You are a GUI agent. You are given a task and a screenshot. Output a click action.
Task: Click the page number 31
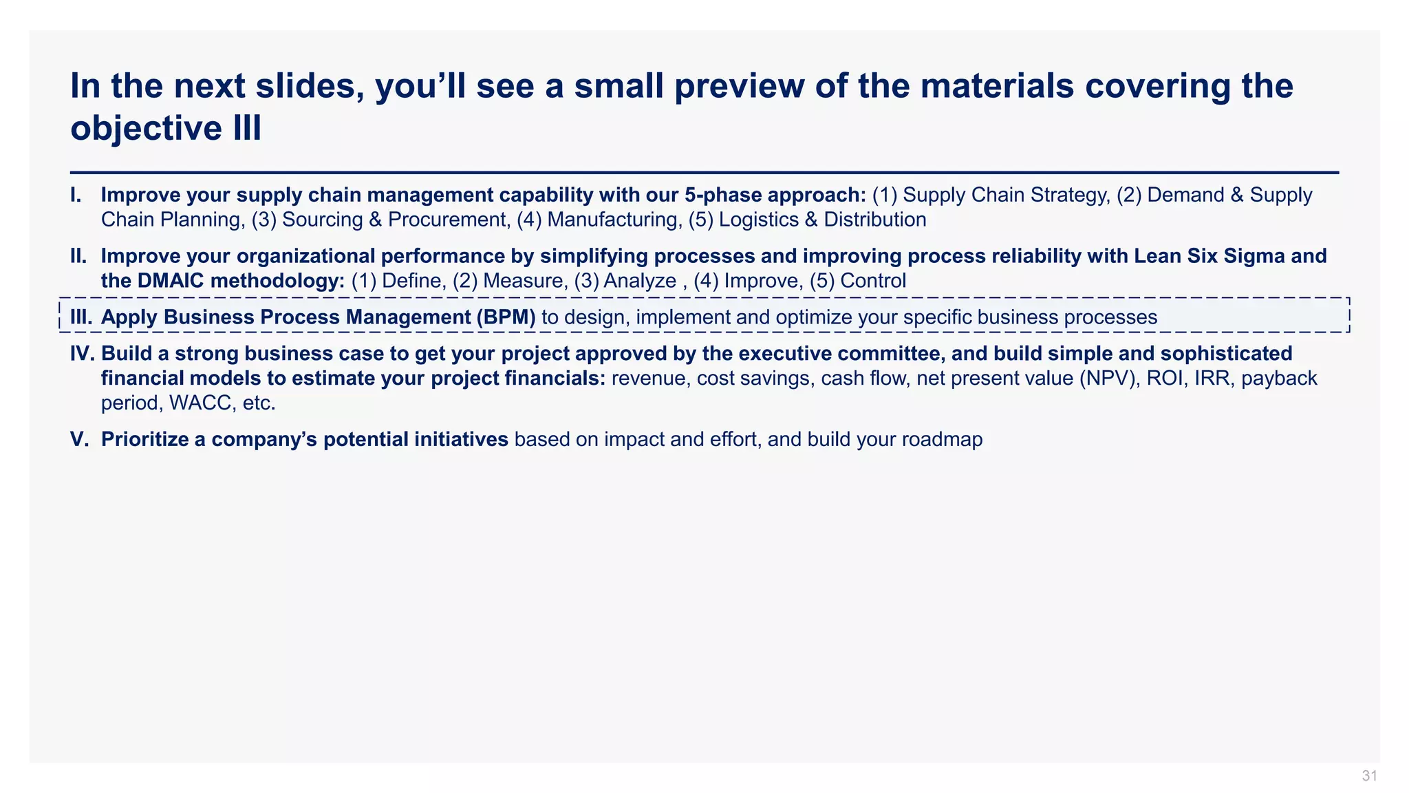[1369, 776]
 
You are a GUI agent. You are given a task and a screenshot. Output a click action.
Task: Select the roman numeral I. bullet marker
[76, 195]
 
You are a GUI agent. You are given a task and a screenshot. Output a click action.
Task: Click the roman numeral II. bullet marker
[78, 257]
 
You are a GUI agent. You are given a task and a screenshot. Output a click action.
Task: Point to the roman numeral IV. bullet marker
[83, 354]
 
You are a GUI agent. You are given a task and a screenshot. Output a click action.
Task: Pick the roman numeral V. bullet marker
[80, 439]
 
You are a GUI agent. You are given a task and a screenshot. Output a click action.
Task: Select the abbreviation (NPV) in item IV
[1110, 379]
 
